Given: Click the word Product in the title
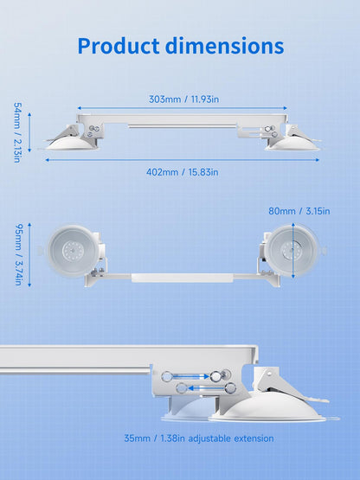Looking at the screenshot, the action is point(119,46).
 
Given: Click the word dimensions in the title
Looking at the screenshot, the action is point(225,46).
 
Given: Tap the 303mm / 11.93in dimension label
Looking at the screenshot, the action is point(183,99).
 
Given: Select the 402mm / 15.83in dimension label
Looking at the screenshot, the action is point(183,172).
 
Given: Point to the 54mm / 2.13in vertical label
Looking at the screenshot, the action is point(17,132).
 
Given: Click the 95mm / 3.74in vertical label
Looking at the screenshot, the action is point(19,254).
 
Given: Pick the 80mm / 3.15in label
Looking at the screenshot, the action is point(299,211).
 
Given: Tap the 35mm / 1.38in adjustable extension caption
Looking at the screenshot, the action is point(199,438).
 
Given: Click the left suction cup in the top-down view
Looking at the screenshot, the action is point(74,251).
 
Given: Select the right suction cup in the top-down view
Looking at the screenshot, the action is point(292,251).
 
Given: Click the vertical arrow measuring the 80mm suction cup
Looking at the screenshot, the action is point(293,251).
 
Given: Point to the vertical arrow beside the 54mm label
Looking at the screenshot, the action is point(29,132).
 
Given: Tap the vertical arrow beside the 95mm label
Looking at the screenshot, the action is point(29,254).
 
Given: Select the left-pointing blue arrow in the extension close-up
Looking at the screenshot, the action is point(208,388).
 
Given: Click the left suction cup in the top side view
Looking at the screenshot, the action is point(73,143).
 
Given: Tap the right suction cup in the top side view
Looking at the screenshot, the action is point(292,144).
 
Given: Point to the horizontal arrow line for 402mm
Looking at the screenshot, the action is point(183,160).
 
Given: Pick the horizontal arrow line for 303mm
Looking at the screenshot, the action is point(183,108).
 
